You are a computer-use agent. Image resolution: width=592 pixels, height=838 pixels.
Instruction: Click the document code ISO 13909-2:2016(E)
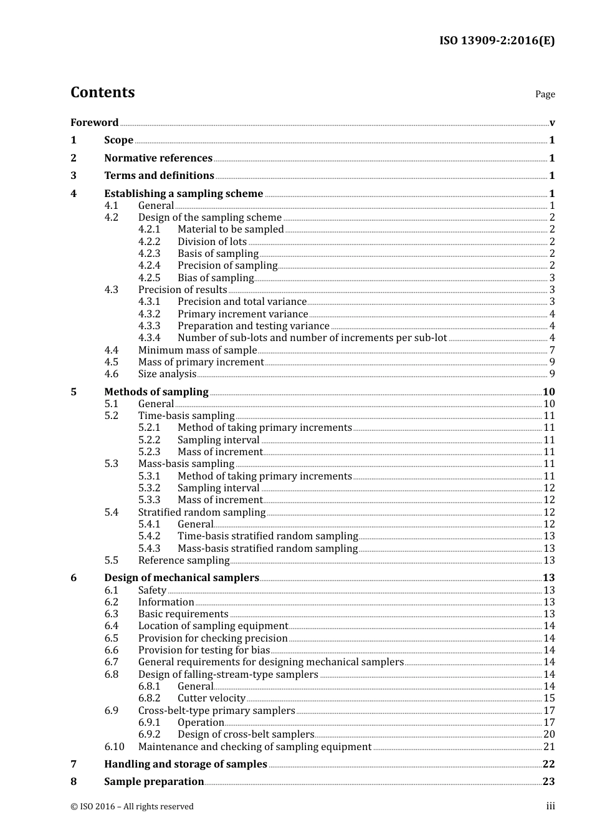tap(497, 41)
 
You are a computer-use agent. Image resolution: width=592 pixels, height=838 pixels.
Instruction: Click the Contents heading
tap(102, 92)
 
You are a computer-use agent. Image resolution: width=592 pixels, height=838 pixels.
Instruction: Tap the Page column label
tap(545, 94)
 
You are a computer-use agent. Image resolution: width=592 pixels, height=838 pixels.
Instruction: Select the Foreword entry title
tap(94, 122)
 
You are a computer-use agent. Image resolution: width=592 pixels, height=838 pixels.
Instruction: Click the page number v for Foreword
tap(552, 123)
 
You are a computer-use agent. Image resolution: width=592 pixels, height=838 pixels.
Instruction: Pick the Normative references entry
tap(158, 158)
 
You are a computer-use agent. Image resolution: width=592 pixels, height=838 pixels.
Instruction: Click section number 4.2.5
tap(149, 277)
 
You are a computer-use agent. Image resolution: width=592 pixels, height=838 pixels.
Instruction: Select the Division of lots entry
tap(212, 241)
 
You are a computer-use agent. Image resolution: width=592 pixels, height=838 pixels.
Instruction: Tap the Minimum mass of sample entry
tap(197, 350)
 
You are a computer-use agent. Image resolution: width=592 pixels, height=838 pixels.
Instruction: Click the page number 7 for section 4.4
tap(552, 350)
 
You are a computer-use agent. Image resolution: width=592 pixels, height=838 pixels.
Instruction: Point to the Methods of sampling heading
tap(156, 392)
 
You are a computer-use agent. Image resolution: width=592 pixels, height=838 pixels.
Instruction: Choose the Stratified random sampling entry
tap(202, 512)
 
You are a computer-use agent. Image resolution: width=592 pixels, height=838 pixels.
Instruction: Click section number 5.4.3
tap(149, 548)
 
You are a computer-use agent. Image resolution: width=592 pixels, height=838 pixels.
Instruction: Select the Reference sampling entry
tap(184, 560)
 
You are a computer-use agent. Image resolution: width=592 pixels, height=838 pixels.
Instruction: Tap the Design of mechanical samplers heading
tap(181, 577)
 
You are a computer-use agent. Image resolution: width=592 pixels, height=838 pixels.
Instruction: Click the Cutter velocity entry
tap(211, 698)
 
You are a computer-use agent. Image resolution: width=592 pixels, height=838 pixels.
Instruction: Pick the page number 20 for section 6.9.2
tap(549, 734)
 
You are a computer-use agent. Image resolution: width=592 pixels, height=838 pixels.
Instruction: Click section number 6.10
tap(114, 746)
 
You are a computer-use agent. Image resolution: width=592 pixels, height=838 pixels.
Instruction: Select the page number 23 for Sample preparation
tap(548, 781)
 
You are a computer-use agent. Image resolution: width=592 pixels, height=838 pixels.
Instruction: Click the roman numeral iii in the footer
tap(550, 806)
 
